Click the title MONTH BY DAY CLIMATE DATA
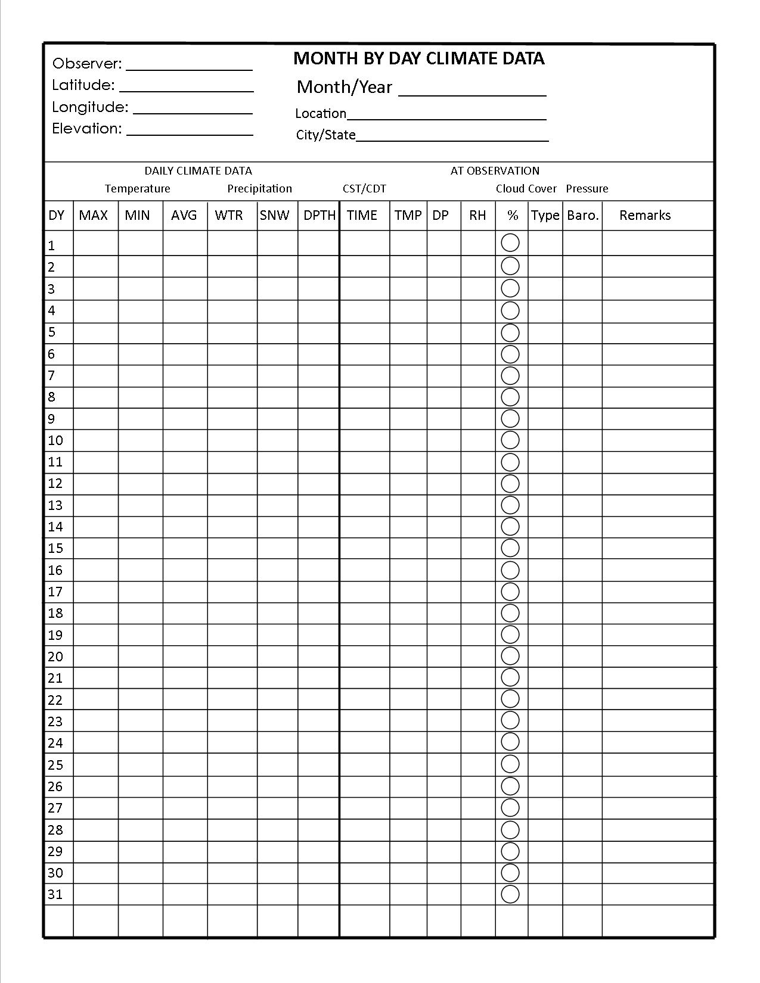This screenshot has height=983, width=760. pyautogui.click(x=418, y=58)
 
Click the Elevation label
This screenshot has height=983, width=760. pyautogui.click(x=86, y=129)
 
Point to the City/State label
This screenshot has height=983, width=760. pyautogui.click(x=325, y=135)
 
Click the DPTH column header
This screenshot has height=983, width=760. pyautogui.click(x=319, y=216)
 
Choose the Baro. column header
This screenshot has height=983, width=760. pyautogui.click(x=582, y=216)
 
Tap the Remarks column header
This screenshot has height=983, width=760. pyautogui.click(x=644, y=216)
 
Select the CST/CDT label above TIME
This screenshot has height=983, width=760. pyautogui.click(x=364, y=189)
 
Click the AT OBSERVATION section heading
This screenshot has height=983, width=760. pyautogui.click(x=495, y=171)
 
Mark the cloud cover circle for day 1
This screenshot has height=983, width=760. pyautogui.click(x=510, y=243)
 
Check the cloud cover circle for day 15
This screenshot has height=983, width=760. pyautogui.click(x=510, y=548)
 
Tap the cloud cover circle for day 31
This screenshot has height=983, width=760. pyautogui.click(x=510, y=894)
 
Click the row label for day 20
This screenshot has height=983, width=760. pyautogui.click(x=55, y=657)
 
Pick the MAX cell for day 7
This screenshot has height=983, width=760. pyautogui.click(x=95, y=376)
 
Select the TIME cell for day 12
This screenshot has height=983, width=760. pyautogui.click(x=364, y=484)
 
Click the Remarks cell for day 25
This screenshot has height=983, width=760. pyautogui.click(x=658, y=764)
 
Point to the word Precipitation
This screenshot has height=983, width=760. pyautogui.click(x=259, y=189)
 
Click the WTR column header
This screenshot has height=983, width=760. pyautogui.click(x=229, y=216)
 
